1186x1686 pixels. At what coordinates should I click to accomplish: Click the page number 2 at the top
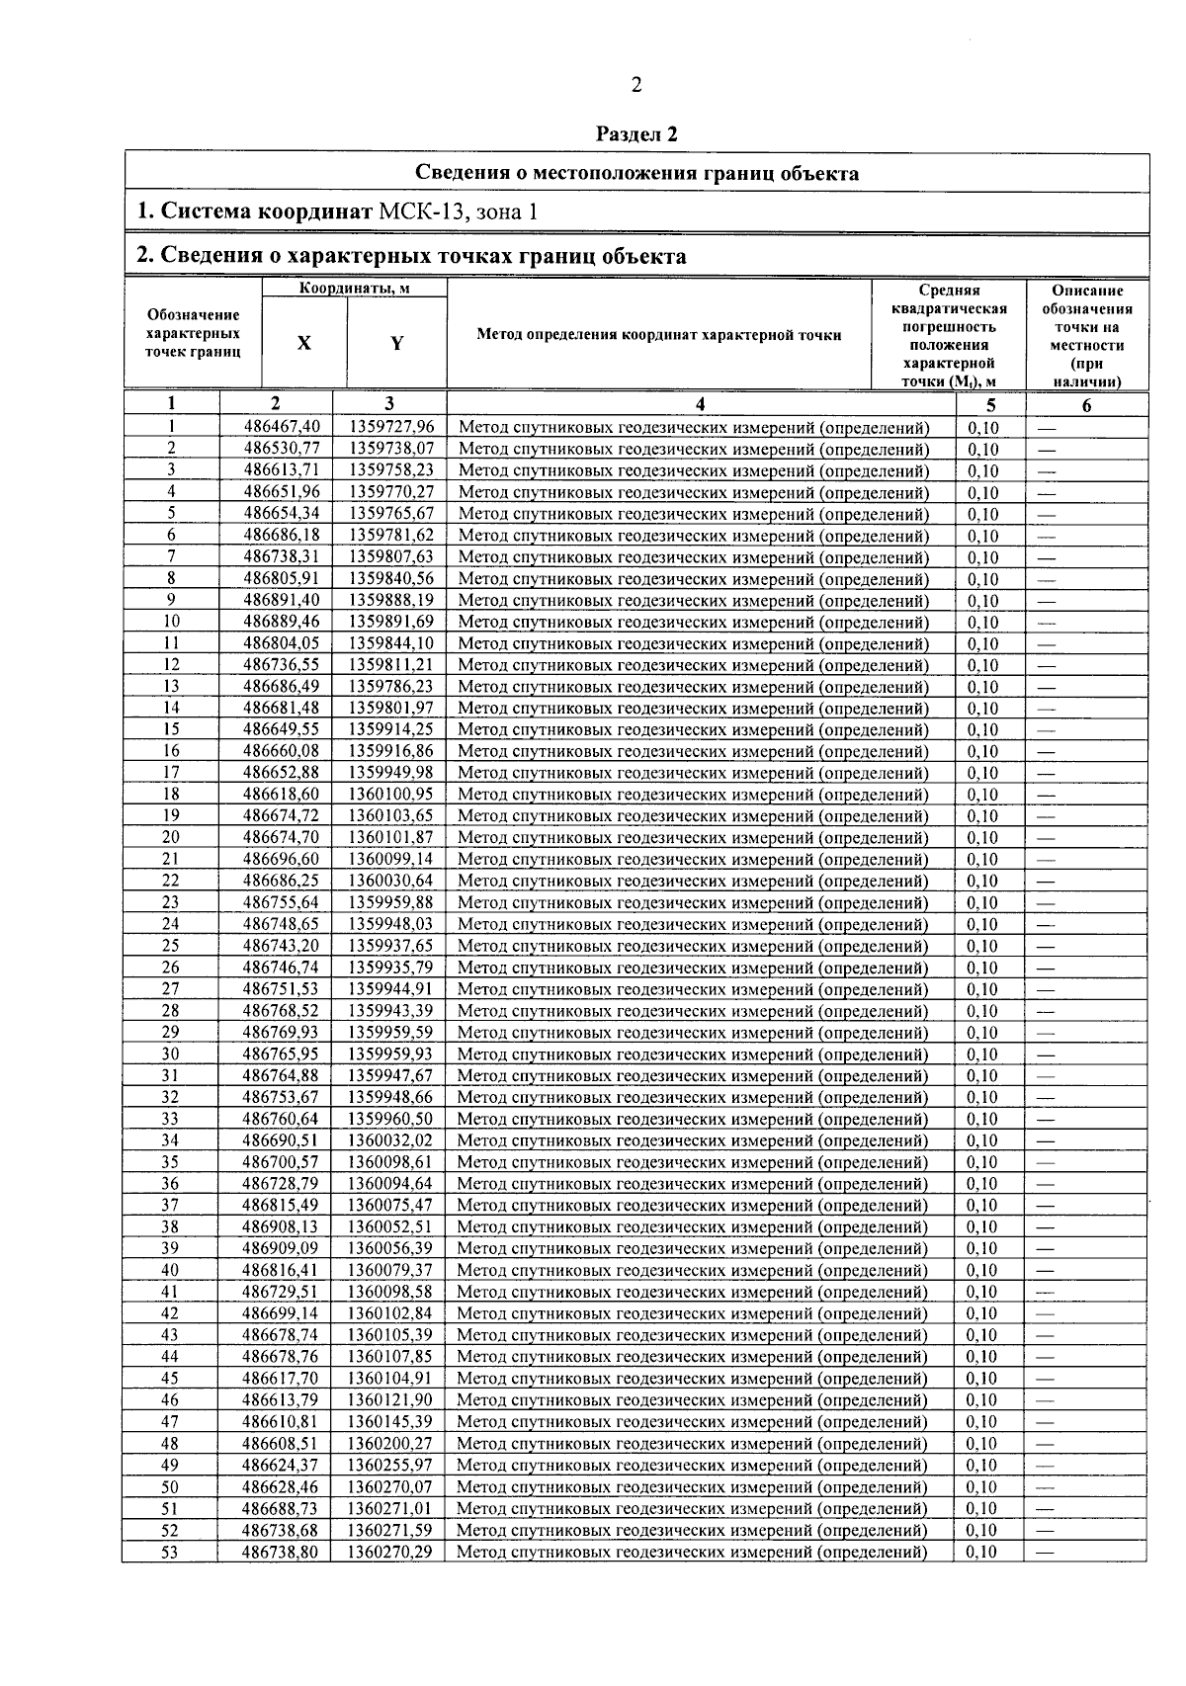pos(636,85)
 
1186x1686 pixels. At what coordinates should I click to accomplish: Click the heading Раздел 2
pos(637,133)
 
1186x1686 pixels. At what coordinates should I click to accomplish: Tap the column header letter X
pos(304,343)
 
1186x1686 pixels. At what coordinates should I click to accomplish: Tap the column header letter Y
pos(396,343)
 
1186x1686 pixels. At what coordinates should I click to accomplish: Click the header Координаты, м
pos(355,288)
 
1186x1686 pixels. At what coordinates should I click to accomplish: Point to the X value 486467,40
pos(282,427)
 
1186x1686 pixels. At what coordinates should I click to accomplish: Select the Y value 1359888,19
pos(390,600)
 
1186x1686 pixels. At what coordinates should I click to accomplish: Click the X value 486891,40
pos(282,600)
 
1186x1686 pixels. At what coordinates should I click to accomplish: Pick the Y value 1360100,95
pos(390,795)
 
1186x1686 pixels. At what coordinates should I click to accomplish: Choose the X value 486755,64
pos(282,902)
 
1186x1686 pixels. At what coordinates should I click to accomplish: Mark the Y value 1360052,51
pos(390,1226)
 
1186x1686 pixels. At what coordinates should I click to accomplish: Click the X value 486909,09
pos(282,1248)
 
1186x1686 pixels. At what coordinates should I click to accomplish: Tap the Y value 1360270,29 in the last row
pos(390,1552)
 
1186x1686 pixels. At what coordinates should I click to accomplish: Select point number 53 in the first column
pos(170,1552)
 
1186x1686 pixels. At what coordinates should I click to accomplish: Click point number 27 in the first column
pos(170,989)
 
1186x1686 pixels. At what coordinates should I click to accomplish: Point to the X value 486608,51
pos(282,1443)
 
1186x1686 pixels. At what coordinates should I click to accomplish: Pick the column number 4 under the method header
pos(700,403)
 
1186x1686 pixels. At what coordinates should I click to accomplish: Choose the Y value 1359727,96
pos(390,427)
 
